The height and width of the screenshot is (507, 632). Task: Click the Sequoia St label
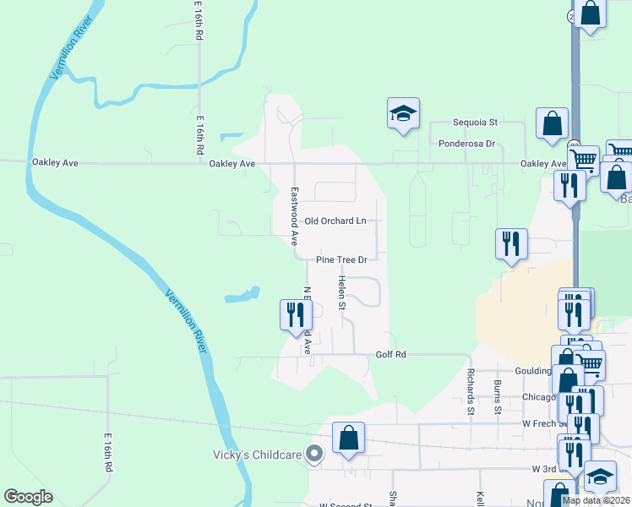pos(476,123)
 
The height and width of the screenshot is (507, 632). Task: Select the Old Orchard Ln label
pos(335,221)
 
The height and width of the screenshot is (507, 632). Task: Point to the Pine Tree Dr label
pos(342,260)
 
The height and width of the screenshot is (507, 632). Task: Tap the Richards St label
pos(471,391)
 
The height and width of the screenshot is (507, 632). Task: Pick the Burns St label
pos(498,396)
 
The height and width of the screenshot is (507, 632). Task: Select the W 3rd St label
pos(548,468)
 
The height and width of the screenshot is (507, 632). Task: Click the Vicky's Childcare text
pos(257,455)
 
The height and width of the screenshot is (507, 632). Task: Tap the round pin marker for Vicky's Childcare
pos(314,455)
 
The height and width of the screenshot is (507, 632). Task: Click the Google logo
pos(29,497)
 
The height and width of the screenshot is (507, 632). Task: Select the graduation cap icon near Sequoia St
pos(404,113)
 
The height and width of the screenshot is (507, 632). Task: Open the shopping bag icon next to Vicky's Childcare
pos(348,438)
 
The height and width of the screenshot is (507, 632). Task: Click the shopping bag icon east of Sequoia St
pos(552,123)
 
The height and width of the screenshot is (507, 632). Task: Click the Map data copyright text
pos(596,500)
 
